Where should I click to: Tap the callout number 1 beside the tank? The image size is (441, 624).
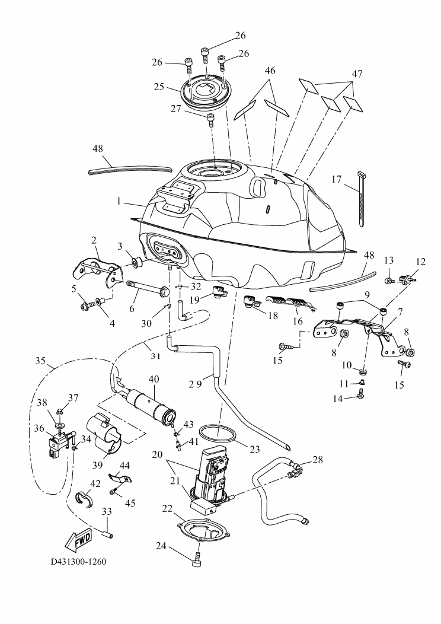(120, 201)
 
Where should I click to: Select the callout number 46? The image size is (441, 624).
(270, 71)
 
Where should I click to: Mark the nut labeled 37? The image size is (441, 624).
(61, 411)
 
